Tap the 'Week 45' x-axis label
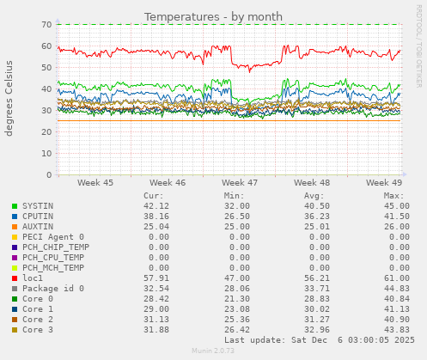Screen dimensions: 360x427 (x=95, y=183)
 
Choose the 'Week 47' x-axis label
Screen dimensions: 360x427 (x=240, y=183)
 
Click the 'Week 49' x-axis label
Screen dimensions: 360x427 (x=384, y=183)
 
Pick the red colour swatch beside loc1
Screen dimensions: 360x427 (x=15, y=278)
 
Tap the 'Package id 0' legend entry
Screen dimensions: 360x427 (x=53, y=288)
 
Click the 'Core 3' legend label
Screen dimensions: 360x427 (x=38, y=329)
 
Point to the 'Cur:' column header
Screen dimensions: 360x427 (x=153, y=195)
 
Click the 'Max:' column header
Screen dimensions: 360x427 (x=394, y=195)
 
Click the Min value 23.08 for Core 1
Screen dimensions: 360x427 (x=234, y=308)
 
